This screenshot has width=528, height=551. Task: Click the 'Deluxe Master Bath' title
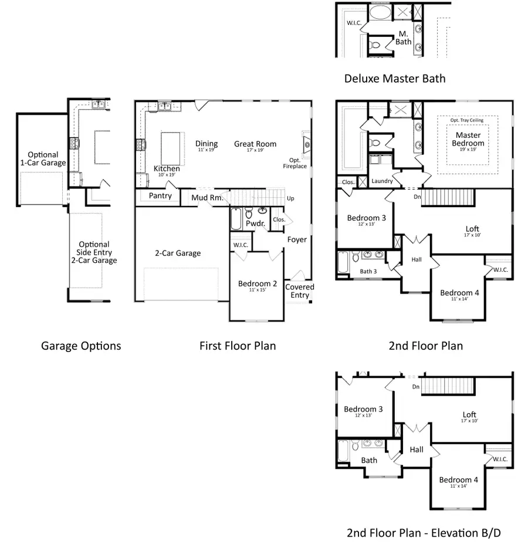(395, 78)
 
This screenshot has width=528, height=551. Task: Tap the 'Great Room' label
(255, 144)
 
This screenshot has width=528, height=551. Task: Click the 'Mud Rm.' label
(207, 198)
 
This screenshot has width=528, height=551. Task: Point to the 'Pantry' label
(160, 195)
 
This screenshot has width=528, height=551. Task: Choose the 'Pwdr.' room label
(255, 224)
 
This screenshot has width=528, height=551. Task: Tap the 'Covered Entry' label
(300, 291)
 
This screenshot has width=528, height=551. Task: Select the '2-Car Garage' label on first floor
(178, 253)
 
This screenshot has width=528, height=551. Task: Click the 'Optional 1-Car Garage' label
(43, 158)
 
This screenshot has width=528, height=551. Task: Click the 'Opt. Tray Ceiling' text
(467, 120)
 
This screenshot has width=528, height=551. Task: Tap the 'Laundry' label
(382, 181)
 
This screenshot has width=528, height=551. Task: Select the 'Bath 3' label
(368, 271)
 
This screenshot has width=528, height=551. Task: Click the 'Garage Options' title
(81, 346)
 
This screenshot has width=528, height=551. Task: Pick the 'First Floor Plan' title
(238, 346)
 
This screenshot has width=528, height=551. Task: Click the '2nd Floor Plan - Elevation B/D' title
(424, 533)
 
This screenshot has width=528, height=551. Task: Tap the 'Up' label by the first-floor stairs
(290, 198)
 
